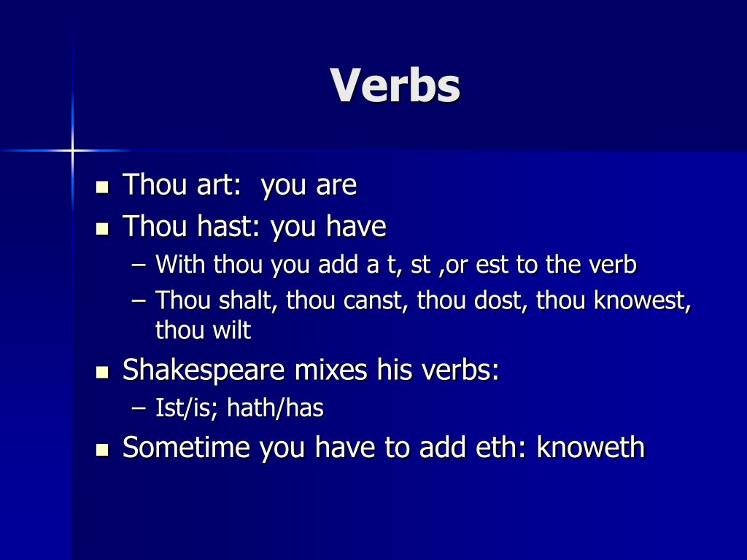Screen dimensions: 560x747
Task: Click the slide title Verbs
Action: click(395, 86)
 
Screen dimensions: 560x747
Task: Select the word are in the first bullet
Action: click(336, 185)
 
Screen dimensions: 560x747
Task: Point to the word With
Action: click(180, 264)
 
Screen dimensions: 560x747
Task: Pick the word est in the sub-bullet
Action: click(492, 264)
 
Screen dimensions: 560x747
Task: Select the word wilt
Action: click(232, 330)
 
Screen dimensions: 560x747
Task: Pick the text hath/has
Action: click(275, 408)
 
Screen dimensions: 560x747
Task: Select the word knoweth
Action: click(590, 447)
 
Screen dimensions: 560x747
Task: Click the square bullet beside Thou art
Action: click(102, 187)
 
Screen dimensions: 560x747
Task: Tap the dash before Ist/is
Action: click(140, 408)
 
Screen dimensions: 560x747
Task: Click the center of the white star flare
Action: click(72, 150)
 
